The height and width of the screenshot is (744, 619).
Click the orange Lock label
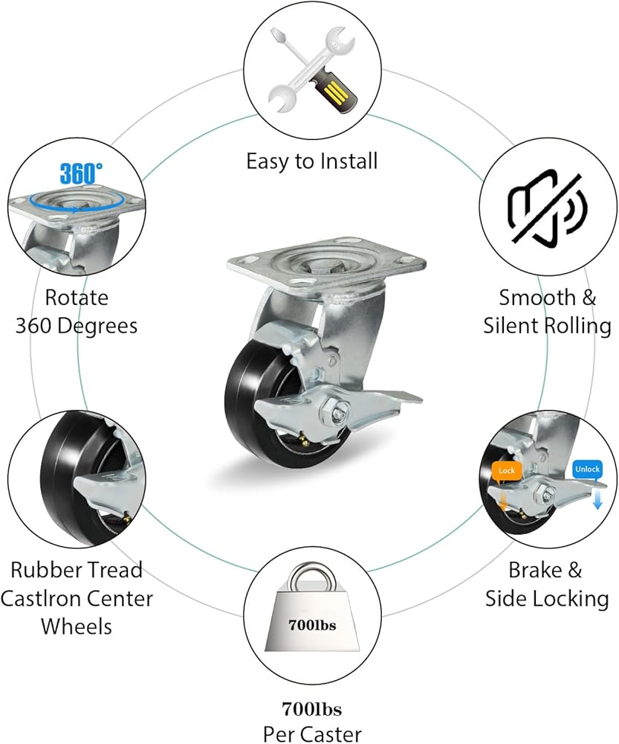(x=507, y=471)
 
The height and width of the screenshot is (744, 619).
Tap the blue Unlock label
(x=587, y=469)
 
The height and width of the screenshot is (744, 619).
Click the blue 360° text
(x=81, y=173)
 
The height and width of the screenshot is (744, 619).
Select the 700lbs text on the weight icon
(x=312, y=625)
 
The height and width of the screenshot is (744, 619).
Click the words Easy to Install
(x=312, y=161)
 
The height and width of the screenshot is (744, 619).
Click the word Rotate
(x=77, y=298)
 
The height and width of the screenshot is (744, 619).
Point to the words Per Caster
(x=312, y=734)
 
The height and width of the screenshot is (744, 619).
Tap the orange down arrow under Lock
(x=503, y=501)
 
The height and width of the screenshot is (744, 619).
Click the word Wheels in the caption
(x=77, y=626)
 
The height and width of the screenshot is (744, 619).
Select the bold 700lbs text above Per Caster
(x=312, y=709)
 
